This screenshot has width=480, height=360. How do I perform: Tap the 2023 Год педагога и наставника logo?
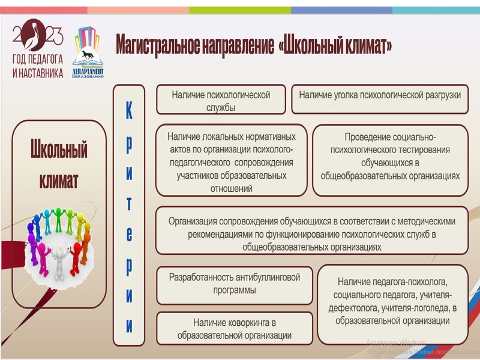point(37,48)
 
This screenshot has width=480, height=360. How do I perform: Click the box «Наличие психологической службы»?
point(220,100)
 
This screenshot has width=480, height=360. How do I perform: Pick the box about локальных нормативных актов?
point(231,160)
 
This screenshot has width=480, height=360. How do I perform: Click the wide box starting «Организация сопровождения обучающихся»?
point(311,230)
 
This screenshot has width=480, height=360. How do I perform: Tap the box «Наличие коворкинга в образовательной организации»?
point(234,329)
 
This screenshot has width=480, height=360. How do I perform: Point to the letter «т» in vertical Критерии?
point(129,203)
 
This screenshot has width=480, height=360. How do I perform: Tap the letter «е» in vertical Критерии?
point(129,234)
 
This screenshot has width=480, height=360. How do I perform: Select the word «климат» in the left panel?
point(59,179)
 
